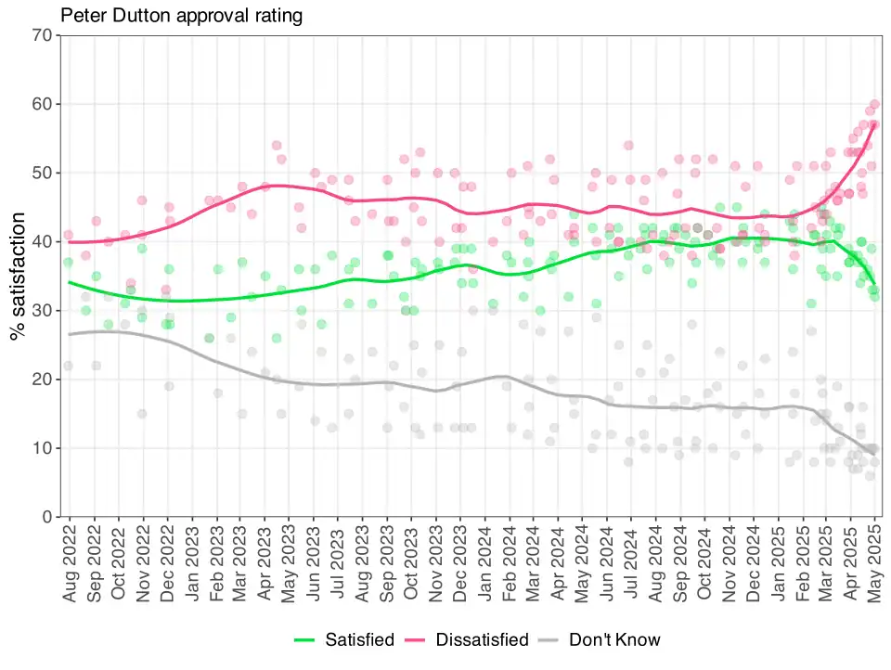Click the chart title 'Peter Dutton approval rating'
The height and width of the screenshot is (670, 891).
coord(181,16)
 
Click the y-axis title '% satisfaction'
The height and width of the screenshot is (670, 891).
coord(18,277)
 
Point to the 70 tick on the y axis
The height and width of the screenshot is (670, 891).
coord(42,35)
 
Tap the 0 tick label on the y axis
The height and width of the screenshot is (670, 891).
coord(47,517)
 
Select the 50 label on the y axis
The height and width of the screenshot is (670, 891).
coord(42,173)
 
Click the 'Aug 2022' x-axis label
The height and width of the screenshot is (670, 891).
coord(70,563)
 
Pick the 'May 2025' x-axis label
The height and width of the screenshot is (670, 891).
coord(874,563)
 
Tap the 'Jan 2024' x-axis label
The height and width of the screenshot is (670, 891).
coord(484,563)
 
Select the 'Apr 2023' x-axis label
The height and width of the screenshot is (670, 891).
coord(265,563)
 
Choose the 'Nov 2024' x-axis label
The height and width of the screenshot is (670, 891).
coord(730,563)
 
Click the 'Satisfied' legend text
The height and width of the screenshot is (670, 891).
coord(360,640)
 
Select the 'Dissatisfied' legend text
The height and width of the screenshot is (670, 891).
coord(482,640)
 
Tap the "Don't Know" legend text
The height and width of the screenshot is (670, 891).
coord(614,640)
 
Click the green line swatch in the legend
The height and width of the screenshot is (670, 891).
coord(304,640)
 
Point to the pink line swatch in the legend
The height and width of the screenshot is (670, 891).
coord(415,640)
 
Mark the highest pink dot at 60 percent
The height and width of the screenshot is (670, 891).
coord(875,104)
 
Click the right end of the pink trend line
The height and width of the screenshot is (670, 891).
coord(874,124)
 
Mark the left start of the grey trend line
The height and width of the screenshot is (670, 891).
coord(70,334)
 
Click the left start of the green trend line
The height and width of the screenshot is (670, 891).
coord(70,282)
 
